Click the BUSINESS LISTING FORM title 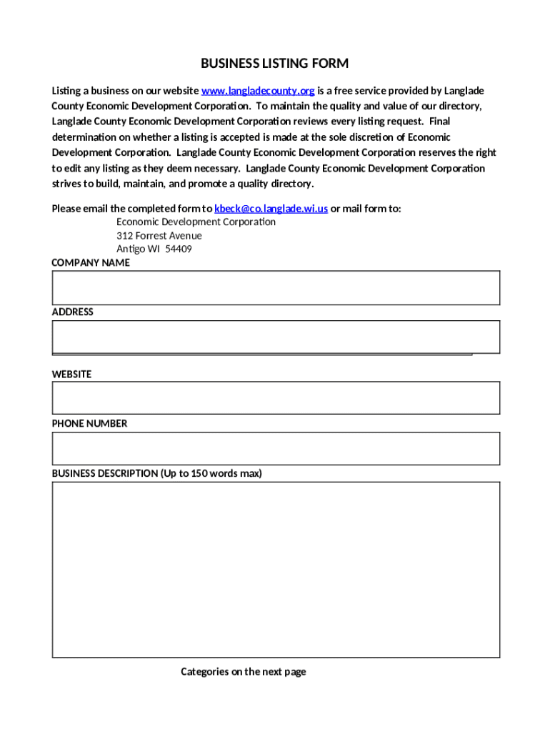pyautogui.click(x=274, y=64)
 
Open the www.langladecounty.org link pyautogui.click(x=258, y=91)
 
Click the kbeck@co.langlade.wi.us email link pyautogui.click(x=271, y=209)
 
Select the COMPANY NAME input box pyautogui.click(x=275, y=287)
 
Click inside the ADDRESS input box pyautogui.click(x=275, y=337)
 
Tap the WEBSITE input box pyautogui.click(x=275, y=397)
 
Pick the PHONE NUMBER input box pyautogui.click(x=275, y=448)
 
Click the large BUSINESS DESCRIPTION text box pyautogui.click(x=275, y=569)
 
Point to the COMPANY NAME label pyautogui.click(x=91, y=263)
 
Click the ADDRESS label pyautogui.click(x=72, y=312)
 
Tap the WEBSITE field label pyautogui.click(x=71, y=375)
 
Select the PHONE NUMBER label pyautogui.click(x=89, y=424)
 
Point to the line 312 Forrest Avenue pyautogui.click(x=159, y=236)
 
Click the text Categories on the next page pyautogui.click(x=243, y=672)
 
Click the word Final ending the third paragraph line pyautogui.click(x=439, y=122)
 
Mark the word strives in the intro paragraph pyautogui.click(x=66, y=184)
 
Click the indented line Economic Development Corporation pyautogui.click(x=196, y=222)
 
